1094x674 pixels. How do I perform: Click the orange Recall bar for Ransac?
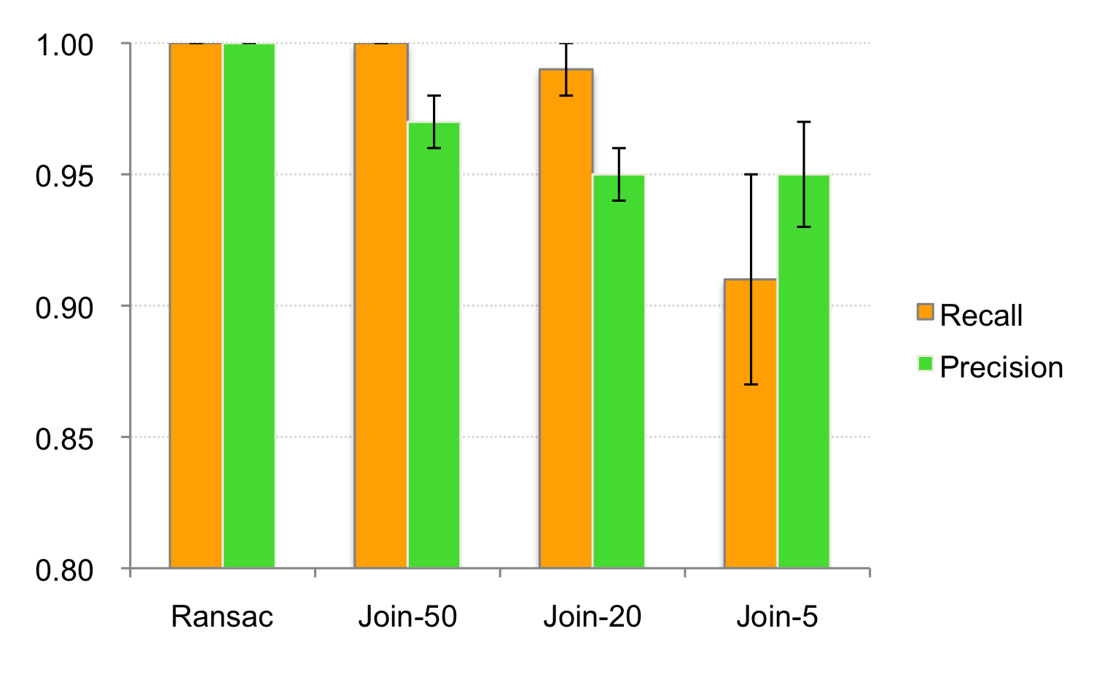coord(196,306)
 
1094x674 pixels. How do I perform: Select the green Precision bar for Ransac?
coord(249,306)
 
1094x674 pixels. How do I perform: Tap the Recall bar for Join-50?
coord(381,306)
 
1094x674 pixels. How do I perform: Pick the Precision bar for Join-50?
coord(434,345)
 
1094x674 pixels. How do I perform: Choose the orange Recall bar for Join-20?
coord(566,318)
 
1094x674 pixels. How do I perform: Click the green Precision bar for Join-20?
coord(619,371)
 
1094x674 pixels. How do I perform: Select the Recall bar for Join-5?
coord(751,423)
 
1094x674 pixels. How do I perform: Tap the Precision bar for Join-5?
coord(804,371)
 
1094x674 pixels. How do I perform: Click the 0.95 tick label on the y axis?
coord(64,176)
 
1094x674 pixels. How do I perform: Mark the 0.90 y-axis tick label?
coord(64,308)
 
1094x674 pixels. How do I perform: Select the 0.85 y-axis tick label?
coord(64,439)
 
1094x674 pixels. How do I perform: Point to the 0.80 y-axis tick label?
coord(64,570)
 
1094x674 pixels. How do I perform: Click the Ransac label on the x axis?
coord(222,616)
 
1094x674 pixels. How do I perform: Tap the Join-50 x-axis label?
coord(408,616)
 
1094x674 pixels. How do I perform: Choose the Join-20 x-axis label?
coord(593,616)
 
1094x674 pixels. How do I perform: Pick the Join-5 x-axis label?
coord(777,616)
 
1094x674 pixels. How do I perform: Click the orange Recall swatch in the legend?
coord(925,312)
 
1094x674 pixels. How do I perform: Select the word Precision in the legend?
coord(1001,367)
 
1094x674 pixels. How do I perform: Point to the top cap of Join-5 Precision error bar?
coord(804,122)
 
